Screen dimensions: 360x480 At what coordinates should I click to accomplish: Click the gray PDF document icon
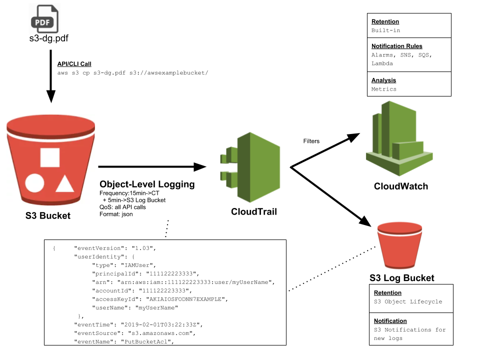point(44,19)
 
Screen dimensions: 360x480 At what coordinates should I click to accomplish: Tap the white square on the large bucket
point(50,157)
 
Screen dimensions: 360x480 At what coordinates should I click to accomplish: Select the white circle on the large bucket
point(34,183)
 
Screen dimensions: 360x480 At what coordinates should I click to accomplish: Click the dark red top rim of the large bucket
point(50,123)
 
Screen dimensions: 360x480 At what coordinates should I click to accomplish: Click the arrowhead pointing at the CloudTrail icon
point(200,166)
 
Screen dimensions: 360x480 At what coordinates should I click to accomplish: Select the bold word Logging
point(176,184)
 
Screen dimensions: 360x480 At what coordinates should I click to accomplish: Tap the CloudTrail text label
point(253,211)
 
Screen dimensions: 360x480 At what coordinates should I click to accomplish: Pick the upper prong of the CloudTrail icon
point(229,155)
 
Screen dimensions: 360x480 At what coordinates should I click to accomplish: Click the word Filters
point(311,141)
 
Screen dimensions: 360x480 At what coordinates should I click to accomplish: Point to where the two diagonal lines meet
point(291,167)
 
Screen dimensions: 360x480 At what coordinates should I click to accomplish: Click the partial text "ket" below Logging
point(161,200)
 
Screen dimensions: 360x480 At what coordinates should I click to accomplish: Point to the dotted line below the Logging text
point(167,224)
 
